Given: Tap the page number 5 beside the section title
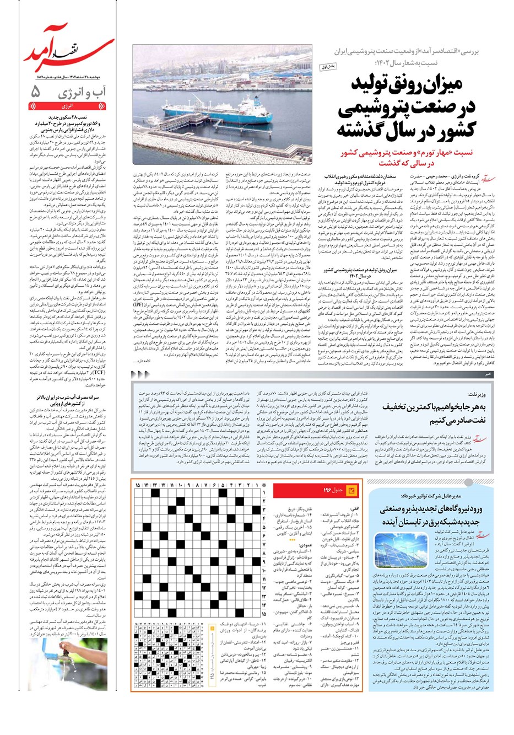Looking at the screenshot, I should tap(36, 92).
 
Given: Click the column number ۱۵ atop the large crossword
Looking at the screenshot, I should tap(138, 484).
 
